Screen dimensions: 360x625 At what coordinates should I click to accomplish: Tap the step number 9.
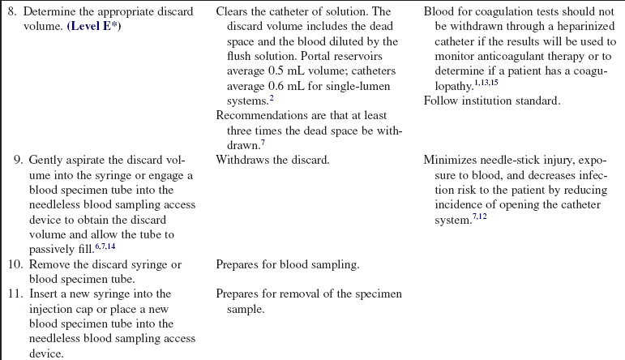19,160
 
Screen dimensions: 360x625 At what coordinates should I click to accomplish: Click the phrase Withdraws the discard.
272,160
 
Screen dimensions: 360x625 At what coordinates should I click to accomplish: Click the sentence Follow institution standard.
491,101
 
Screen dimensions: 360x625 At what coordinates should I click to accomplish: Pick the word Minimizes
452,160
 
